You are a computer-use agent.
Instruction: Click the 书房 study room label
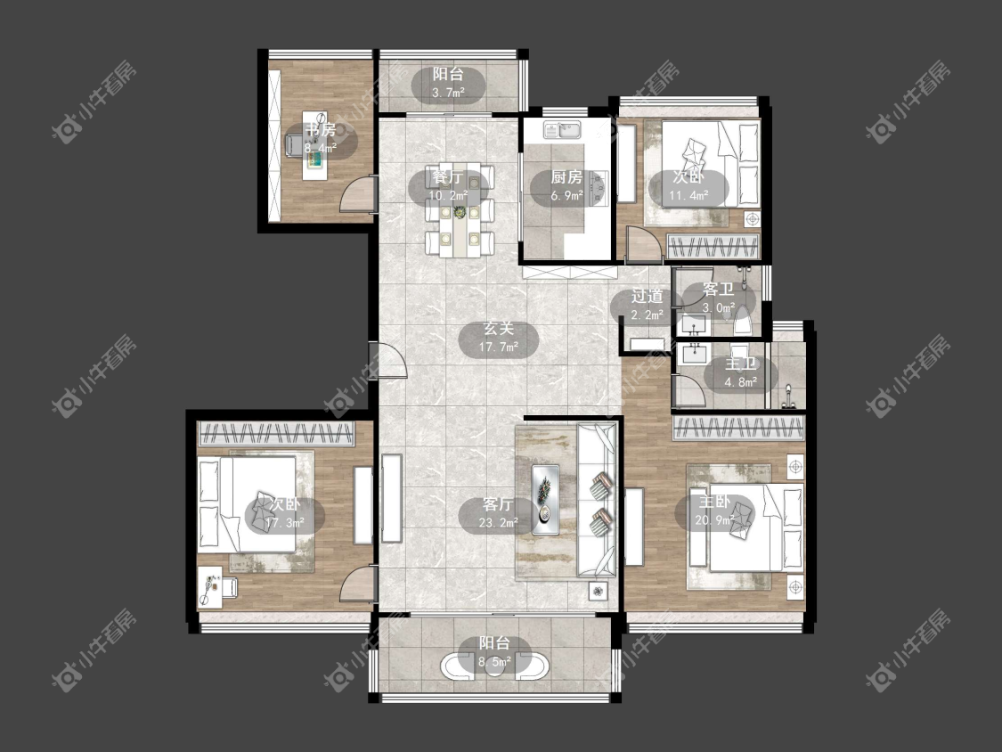[320, 130]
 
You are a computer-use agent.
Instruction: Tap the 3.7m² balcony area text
[448, 93]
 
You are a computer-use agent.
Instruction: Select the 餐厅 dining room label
[448, 176]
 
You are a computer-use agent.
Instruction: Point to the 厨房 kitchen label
[566, 177]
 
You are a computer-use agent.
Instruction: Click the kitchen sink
[562, 130]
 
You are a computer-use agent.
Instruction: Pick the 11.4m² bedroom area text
[688, 196]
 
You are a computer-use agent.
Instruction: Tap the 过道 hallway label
[647, 296]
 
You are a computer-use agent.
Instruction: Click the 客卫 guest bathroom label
[718, 290]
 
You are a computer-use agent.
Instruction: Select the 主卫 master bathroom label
[741, 364]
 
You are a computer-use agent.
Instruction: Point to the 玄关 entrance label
[499, 329]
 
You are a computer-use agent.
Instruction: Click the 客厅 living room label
[499, 504]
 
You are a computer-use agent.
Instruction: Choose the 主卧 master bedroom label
[714, 502]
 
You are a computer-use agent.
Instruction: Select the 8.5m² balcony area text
[494, 662]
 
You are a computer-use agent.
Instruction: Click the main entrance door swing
[389, 359]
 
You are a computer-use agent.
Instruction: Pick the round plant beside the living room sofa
[598, 591]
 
